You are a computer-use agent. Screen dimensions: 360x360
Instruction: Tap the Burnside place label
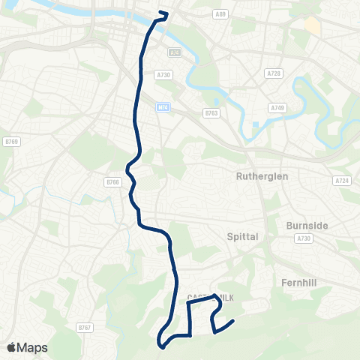tap(307, 224)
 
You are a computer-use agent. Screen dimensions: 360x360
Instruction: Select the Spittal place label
tap(242, 236)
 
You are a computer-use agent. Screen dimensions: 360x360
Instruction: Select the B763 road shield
tap(211, 113)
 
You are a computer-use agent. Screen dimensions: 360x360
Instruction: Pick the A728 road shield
tap(274, 73)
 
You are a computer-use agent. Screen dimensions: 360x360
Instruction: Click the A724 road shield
tap(342, 181)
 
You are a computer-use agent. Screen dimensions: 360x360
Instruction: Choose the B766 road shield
tap(112, 181)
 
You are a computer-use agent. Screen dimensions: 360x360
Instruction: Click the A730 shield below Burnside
tap(303, 238)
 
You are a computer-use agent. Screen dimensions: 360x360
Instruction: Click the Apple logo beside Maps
tap(12, 347)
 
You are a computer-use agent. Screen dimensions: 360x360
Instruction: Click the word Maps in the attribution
tap(33, 347)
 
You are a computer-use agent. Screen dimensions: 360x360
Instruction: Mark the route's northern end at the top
tap(166, 13)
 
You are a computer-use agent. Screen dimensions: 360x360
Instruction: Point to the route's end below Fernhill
tap(234, 322)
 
